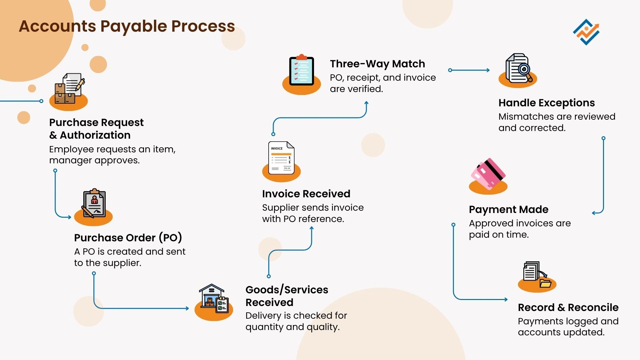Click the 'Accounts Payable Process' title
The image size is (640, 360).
point(127,26)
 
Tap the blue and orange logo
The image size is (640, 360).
point(586,32)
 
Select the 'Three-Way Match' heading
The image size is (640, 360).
point(377,64)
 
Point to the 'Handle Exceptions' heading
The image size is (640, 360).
point(546,103)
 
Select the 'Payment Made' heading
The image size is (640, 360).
point(508,209)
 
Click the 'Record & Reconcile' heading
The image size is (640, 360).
point(568,307)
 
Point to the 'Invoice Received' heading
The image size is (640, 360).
point(306,194)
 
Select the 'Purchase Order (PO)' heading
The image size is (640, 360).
point(128,238)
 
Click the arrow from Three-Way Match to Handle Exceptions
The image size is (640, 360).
point(469,70)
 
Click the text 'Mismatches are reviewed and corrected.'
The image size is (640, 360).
point(557,122)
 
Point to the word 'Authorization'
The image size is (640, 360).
point(95,135)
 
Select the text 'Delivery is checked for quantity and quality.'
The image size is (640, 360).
point(296,321)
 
